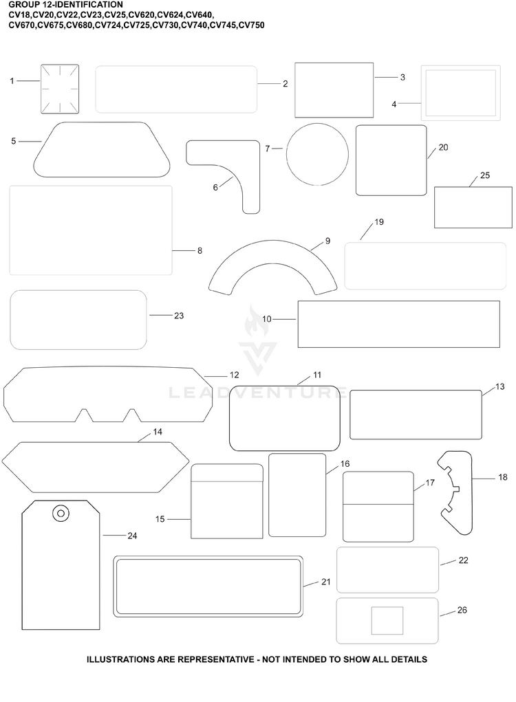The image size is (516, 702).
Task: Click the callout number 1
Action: (x=12, y=81)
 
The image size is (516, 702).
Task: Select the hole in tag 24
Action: (x=61, y=513)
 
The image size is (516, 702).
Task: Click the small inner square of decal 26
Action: (x=387, y=620)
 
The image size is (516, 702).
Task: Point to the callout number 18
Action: (x=502, y=477)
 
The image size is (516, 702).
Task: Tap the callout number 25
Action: (x=484, y=175)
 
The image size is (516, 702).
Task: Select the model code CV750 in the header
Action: (x=251, y=25)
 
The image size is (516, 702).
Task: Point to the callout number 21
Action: (x=325, y=582)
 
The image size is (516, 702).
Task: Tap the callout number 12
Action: (x=234, y=375)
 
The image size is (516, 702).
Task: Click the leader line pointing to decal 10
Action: (x=284, y=319)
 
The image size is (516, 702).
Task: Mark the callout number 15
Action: (x=160, y=519)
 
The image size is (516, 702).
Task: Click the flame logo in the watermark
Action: (x=257, y=321)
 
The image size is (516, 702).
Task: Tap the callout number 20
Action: (x=443, y=147)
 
